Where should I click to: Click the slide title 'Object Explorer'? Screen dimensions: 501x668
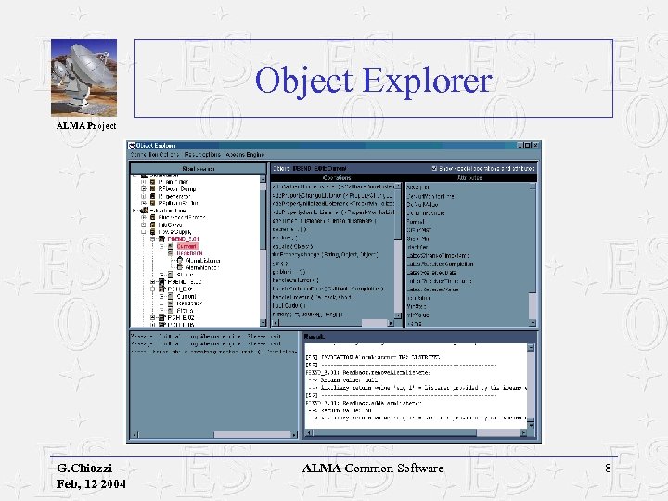pyautogui.click(x=373, y=80)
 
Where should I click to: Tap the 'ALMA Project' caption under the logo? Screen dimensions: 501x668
pyautogui.click(x=86, y=125)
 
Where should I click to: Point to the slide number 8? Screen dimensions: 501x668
pyautogui.click(x=608, y=469)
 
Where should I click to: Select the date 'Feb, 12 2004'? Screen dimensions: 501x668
pyautogui.click(x=91, y=484)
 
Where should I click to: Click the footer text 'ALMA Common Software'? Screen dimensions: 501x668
pyautogui.click(x=373, y=469)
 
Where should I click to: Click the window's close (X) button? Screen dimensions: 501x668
pyautogui.click(x=534, y=145)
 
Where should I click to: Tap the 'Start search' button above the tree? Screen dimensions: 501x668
pyautogui.click(x=198, y=168)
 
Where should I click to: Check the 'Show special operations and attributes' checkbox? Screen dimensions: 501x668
pyautogui.click(x=434, y=168)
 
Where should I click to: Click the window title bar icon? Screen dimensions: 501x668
pyautogui.click(x=132, y=145)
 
